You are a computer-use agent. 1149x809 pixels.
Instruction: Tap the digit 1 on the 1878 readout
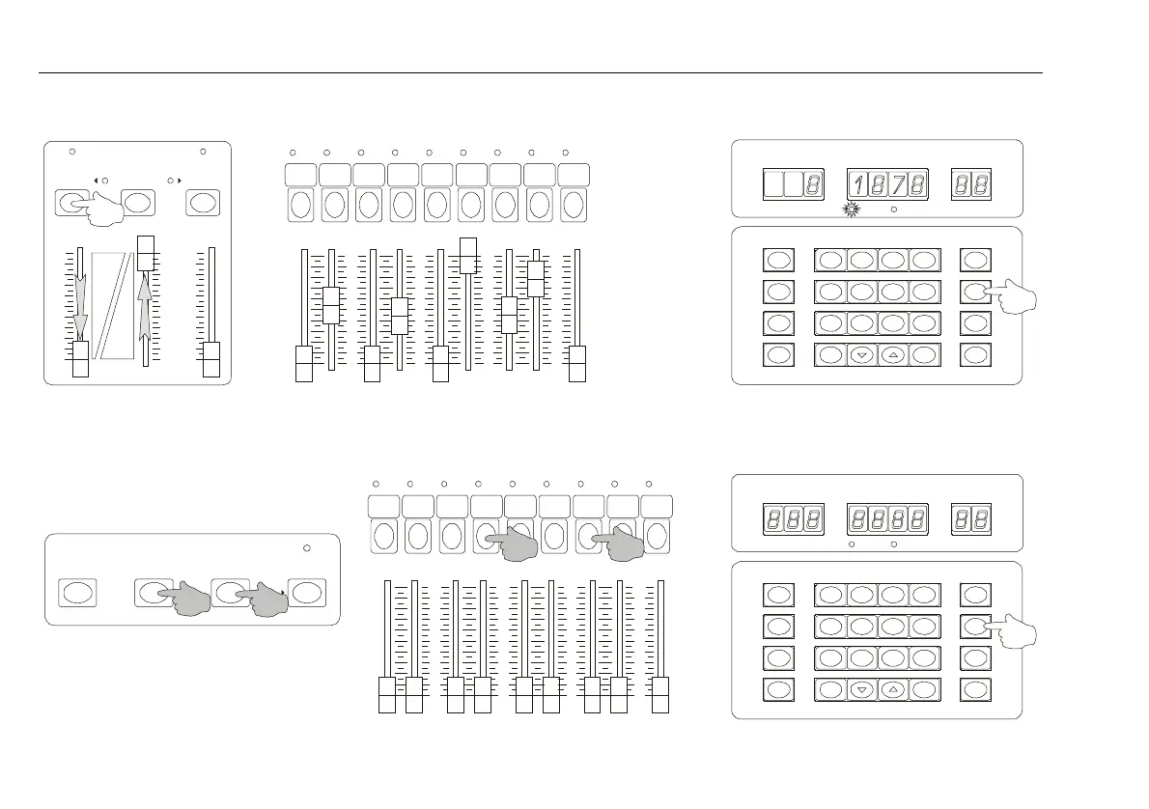click(x=857, y=183)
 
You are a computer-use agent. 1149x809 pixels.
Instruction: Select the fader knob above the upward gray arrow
click(x=147, y=253)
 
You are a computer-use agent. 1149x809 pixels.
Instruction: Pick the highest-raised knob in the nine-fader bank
click(x=468, y=256)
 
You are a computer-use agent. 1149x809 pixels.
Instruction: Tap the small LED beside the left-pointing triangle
click(x=105, y=180)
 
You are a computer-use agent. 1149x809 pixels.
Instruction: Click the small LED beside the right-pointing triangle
click(x=170, y=180)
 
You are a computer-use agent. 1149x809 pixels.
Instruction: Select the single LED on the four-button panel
click(x=307, y=548)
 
